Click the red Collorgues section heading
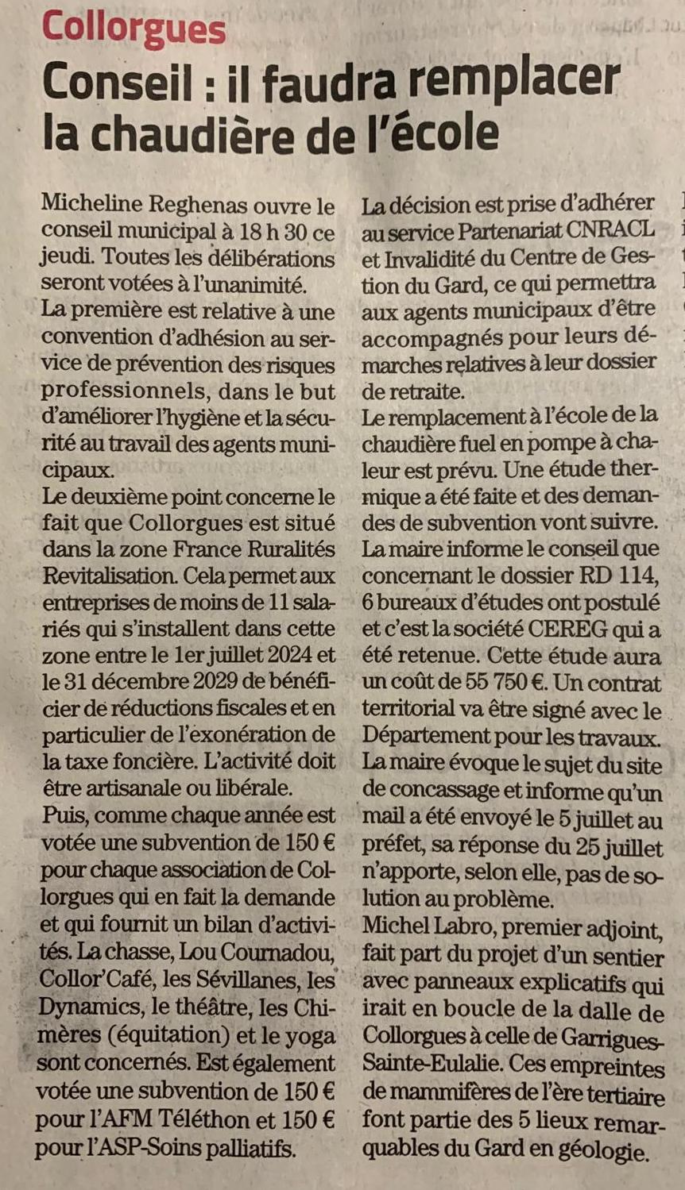pyautogui.click(x=134, y=29)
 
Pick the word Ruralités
pyautogui.click(x=287, y=549)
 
